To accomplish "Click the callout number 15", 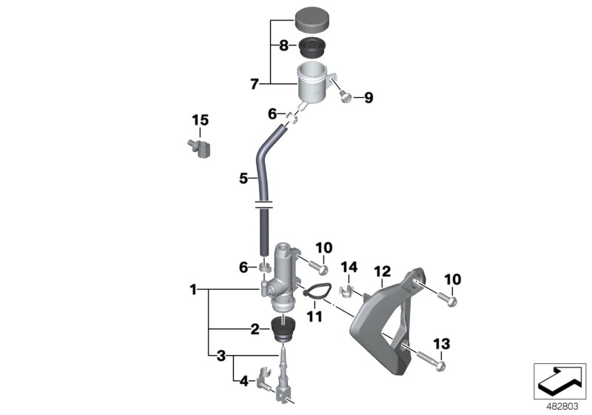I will coord(201,120).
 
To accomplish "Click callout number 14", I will coord(349,267).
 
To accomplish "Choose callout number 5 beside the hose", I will coord(243,178).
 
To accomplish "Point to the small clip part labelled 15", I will coord(198,146).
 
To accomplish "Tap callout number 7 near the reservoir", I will coord(255,84).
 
